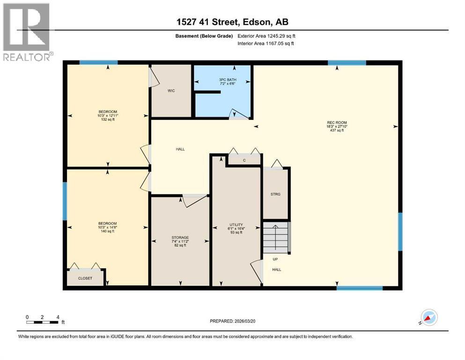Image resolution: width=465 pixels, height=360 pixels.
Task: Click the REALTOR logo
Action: tap(27, 32)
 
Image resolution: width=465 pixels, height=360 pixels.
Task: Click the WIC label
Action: tap(171, 90)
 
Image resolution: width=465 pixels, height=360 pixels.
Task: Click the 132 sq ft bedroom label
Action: tap(107, 115)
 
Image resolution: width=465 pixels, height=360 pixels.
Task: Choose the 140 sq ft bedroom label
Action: tap(107, 227)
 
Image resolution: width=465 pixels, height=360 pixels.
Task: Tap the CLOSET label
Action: tap(85, 278)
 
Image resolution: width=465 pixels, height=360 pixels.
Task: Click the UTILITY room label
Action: tap(236, 228)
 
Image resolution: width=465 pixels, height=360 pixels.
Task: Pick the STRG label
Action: tap(276, 194)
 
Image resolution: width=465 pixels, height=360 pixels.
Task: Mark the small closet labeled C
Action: tap(244, 160)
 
